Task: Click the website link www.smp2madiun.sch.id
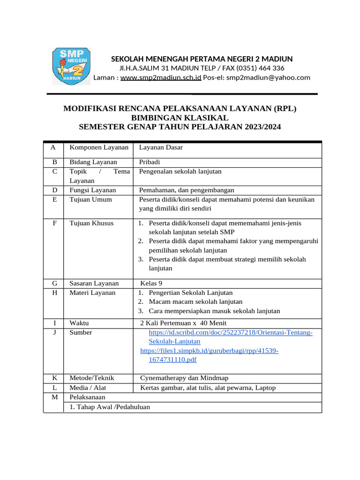(161, 77)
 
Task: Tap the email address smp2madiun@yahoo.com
(268, 77)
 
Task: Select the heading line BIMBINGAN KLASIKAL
(180, 118)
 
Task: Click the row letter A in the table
(53, 147)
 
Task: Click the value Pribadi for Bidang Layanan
(150, 162)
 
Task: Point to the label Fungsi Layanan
(92, 190)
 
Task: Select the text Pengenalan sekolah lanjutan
(180, 172)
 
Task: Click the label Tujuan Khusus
(91, 223)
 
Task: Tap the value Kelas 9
(151, 283)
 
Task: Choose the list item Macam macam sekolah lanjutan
(195, 301)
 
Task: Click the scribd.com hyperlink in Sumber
(230, 332)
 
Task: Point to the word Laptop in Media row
(265, 388)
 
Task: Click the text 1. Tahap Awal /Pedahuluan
(110, 407)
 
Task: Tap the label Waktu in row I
(79, 323)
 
